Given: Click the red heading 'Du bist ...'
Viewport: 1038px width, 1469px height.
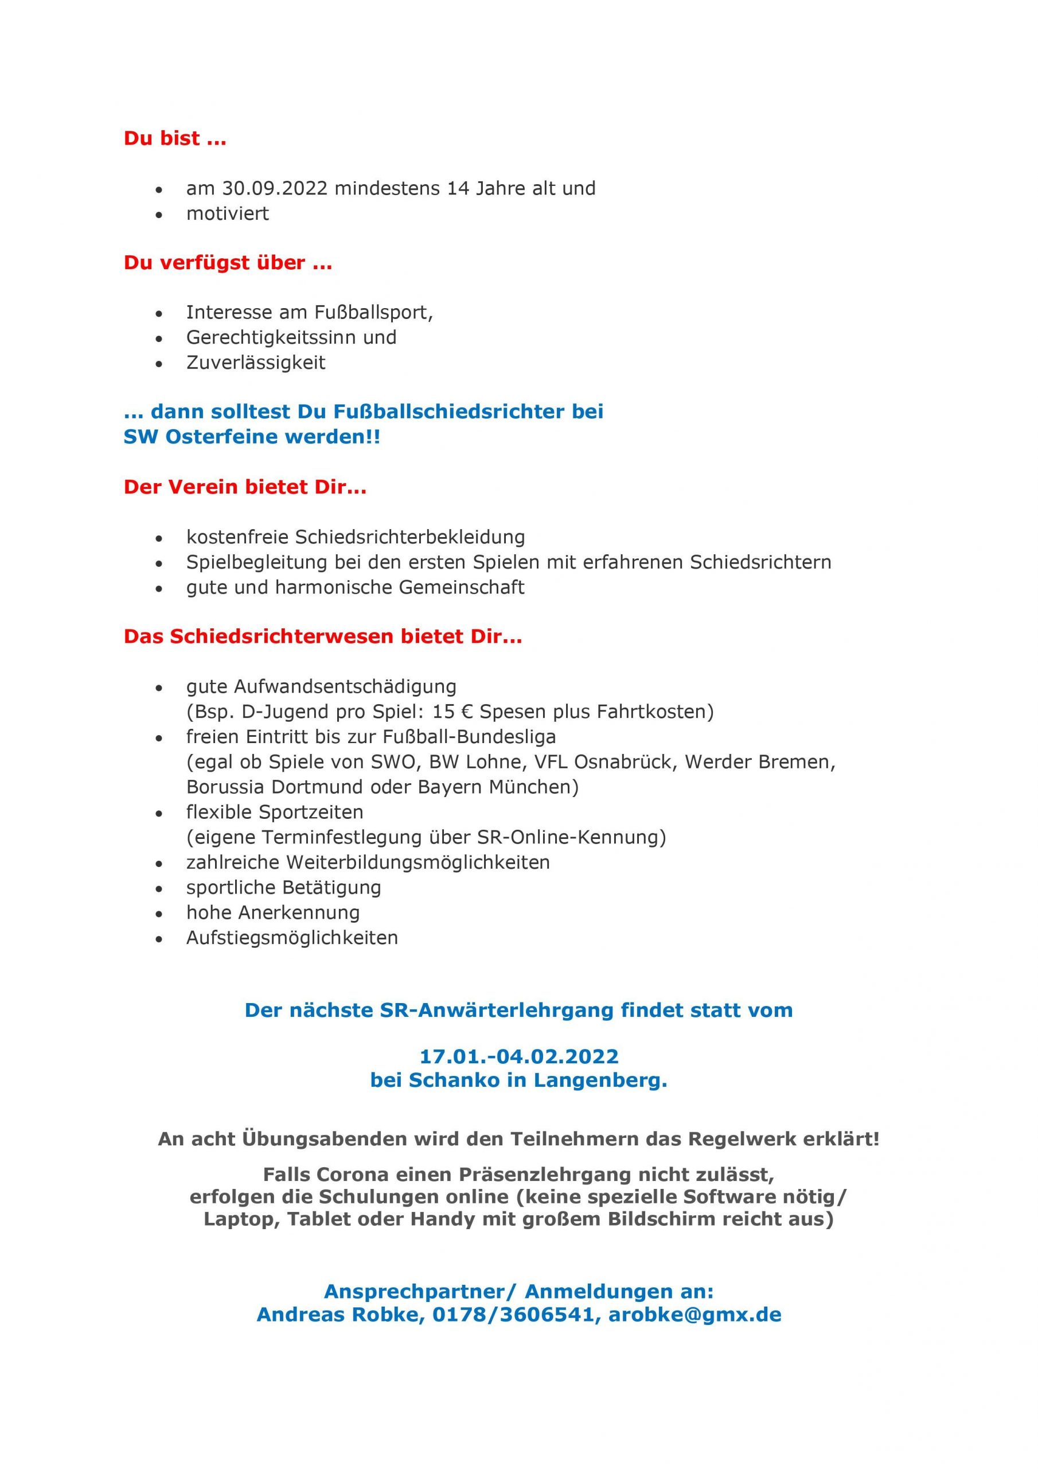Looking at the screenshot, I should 174,138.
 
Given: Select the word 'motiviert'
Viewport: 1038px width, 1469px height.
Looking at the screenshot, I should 227,213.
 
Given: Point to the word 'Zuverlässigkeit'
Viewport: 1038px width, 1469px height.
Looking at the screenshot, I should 256,363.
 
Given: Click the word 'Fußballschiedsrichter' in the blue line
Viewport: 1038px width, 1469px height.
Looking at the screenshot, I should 432,411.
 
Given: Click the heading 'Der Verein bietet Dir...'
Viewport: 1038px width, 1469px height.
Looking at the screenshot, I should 245,487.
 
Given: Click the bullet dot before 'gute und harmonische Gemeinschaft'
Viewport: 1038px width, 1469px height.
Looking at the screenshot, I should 159,589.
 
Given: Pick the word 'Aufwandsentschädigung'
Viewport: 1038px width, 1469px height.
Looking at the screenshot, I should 345,686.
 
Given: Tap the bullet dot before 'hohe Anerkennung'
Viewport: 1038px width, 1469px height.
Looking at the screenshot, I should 159,914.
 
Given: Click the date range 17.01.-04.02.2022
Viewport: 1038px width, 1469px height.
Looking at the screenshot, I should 518,1056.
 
